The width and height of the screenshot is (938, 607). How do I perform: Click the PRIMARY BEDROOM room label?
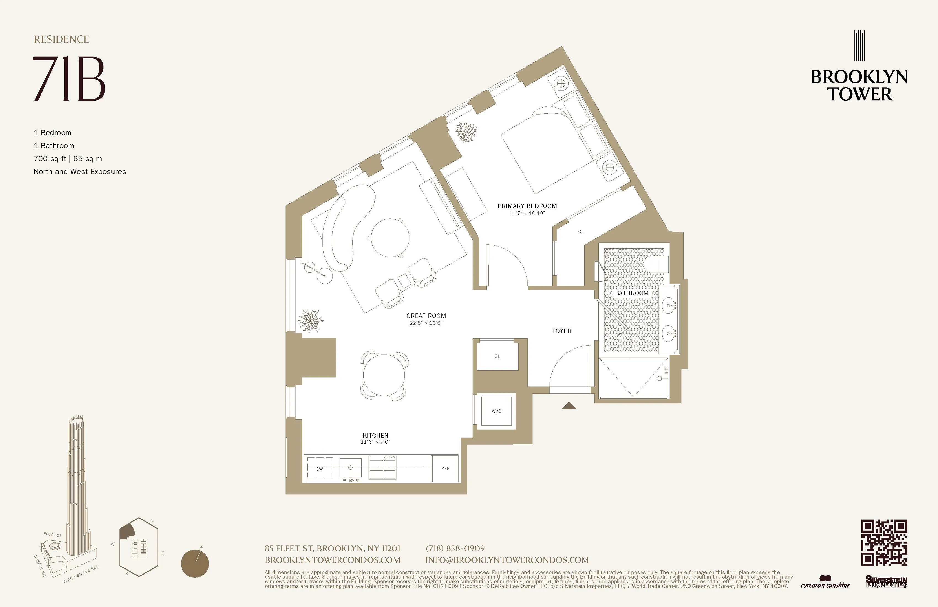tap(527, 206)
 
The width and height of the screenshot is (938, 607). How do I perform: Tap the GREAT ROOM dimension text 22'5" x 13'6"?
tap(426, 323)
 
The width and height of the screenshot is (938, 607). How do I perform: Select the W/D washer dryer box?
tap(497, 411)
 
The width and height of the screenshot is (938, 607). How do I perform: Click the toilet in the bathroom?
tap(657, 264)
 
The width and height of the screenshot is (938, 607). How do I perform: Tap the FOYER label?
tap(562, 331)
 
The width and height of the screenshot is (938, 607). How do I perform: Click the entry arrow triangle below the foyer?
tap(569, 406)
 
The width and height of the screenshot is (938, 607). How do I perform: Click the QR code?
tap(884, 542)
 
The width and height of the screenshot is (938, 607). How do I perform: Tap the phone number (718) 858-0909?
tap(455, 548)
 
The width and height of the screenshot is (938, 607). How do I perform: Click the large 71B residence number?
tap(69, 79)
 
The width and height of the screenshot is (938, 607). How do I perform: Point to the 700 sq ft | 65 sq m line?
tap(68, 158)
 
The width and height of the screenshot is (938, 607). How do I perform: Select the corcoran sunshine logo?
tap(825, 582)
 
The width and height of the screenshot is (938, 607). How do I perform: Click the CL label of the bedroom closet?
tap(580, 232)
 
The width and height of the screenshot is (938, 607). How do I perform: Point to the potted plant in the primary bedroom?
tap(466, 132)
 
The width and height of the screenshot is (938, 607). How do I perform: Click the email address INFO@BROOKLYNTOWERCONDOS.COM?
tap(507, 560)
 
